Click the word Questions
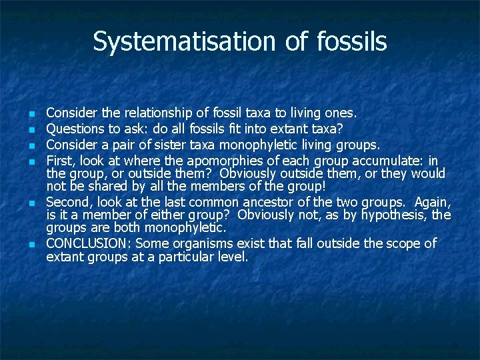tap(73, 128)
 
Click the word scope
tap(403, 243)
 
